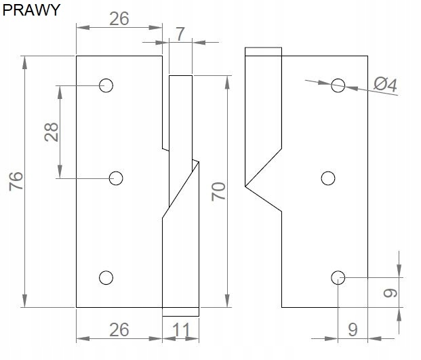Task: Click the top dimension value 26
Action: tap(119, 18)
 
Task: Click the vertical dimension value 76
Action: tap(17, 181)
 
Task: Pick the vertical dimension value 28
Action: tap(51, 132)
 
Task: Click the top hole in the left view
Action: tap(106, 85)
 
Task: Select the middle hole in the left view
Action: tap(116, 178)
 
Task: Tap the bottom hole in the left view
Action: tap(106, 277)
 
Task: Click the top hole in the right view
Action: tap(338, 85)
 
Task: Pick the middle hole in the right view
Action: tap(328, 178)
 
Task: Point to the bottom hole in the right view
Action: tap(338, 277)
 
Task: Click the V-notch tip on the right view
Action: tap(245, 184)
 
